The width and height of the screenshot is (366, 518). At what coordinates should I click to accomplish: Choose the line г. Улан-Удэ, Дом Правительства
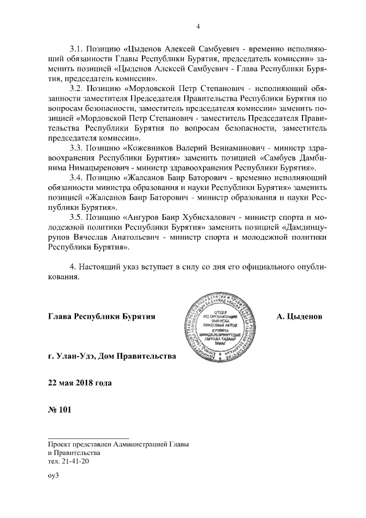[113, 357]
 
